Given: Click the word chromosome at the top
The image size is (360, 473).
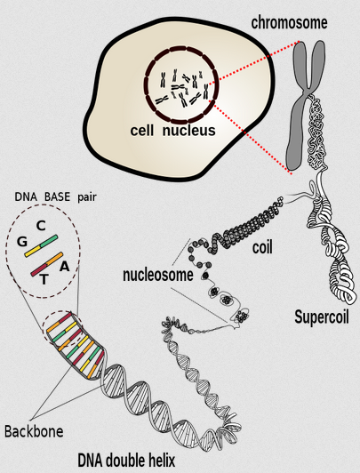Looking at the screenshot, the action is click(289, 23).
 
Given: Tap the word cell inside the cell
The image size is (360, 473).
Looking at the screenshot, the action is click(141, 131).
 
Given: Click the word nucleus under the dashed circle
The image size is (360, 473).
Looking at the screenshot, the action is click(189, 131).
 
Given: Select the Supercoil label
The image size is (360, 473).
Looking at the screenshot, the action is click(322, 317).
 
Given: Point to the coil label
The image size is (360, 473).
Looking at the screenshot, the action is click(262, 247).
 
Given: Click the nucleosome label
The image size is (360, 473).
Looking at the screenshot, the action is click(158, 275).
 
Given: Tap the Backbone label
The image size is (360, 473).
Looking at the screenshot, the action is click(34, 431).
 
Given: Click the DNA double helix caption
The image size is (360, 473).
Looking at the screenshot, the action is click(126, 461).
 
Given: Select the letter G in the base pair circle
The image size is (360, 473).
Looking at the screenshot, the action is click(22, 242).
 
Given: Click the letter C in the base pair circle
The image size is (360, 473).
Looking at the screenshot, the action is click(41, 226).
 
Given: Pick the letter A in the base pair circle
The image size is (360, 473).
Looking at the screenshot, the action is click(65, 267).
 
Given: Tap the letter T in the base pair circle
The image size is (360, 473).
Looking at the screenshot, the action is click(44, 280).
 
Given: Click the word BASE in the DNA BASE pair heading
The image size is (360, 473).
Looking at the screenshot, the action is click(57, 197).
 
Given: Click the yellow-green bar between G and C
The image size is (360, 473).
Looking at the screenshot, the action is click(41, 246).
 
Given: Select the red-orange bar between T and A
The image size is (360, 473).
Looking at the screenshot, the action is click(47, 264).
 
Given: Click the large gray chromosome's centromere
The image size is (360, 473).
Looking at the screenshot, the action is click(308, 92).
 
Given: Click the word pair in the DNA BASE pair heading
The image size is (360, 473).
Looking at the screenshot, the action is click(87, 198).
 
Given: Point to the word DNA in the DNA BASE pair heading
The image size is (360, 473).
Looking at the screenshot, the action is click(26, 197).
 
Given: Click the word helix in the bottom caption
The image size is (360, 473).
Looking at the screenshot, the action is click(161, 461).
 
